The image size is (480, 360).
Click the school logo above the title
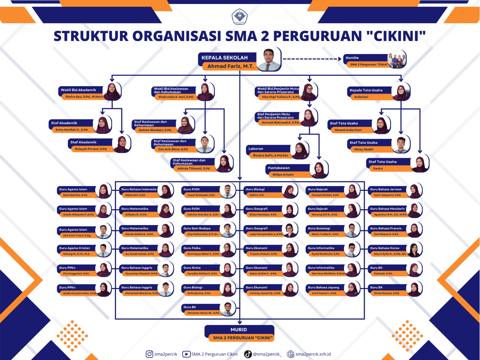[240, 17]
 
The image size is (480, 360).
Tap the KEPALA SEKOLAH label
[225, 58]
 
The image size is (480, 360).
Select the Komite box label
[352, 58]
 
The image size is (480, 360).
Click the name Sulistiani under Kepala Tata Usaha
[361, 97]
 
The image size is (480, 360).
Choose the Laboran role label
[256, 149]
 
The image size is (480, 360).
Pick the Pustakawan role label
[279, 168]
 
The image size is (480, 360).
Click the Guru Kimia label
[192, 268]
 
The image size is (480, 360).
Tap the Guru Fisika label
[192, 248]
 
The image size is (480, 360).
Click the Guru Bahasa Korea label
[384, 248]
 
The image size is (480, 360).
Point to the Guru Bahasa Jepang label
[323, 288]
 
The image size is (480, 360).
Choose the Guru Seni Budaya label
[197, 229]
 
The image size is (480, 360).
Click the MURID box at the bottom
[239, 330]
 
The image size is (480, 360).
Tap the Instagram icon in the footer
[149, 354]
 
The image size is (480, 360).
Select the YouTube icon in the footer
[186, 354]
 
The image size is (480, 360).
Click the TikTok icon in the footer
[248, 354]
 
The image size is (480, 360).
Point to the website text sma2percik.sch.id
[313, 354]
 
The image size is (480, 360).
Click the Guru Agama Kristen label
[74, 248]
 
